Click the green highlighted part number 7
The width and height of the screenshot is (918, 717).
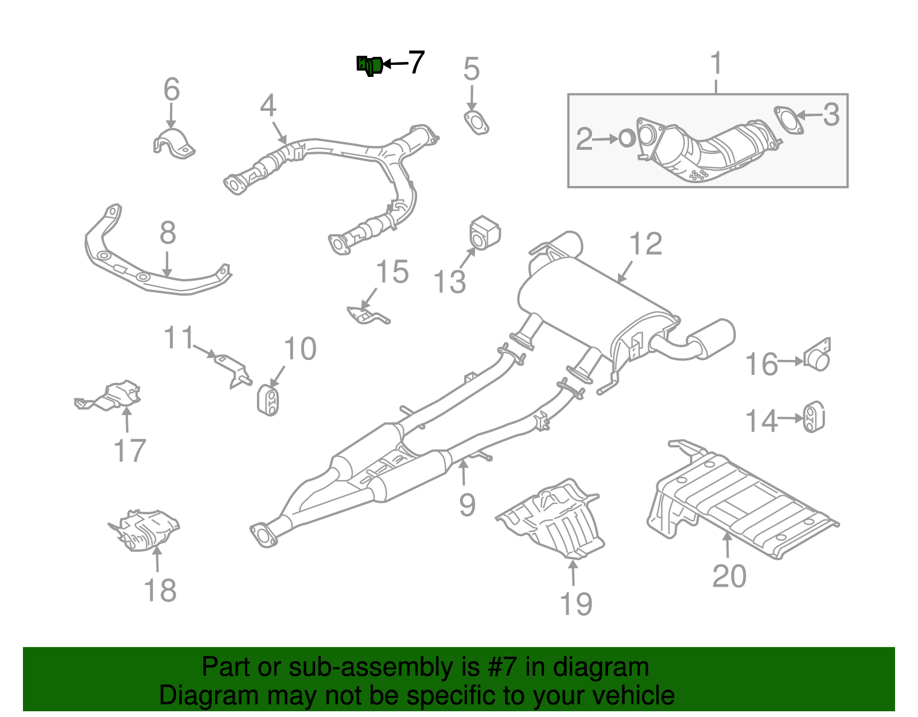coord(369,65)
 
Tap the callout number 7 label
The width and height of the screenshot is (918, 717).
coord(416,62)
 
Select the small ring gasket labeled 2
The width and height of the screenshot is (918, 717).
coord(627,138)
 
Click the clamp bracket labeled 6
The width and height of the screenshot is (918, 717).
coord(173,144)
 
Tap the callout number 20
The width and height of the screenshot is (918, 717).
coord(729,576)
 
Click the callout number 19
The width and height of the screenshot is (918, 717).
coord(575,604)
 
